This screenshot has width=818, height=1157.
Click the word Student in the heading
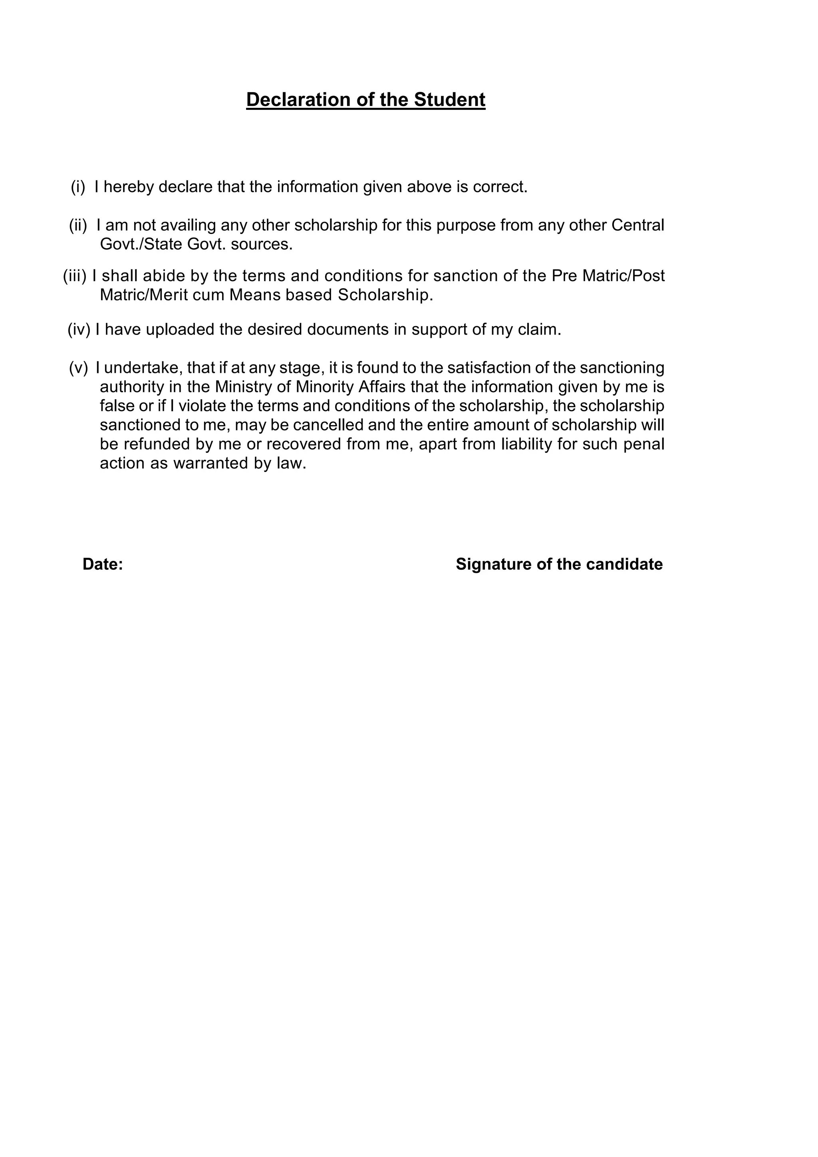450,100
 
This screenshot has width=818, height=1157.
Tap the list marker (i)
78,187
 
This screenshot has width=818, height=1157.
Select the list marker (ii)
78,225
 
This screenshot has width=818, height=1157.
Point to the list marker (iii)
75,276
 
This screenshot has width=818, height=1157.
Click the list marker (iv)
79,329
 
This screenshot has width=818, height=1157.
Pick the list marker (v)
78,368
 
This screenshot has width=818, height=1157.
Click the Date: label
103,565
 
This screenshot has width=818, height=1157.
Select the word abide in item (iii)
164,276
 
